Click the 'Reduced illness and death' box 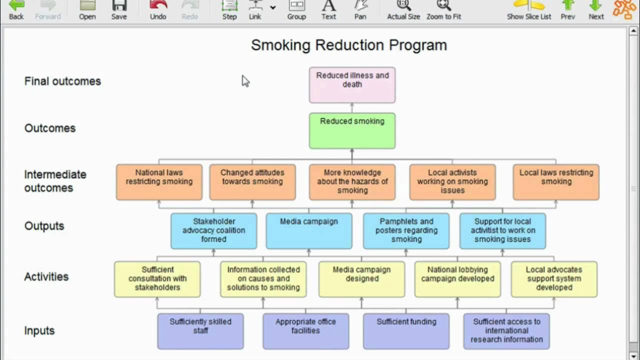click(352, 85)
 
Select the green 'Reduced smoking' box click(352, 130)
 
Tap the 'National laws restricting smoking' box click(159, 182)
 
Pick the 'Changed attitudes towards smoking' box click(252, 182)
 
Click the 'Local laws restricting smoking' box click(556, 182)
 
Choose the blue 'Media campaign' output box click(309, 230)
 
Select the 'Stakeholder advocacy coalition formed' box click(213, 230)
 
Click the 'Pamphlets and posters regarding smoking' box click(406, 230)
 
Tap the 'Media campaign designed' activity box click(362, 279)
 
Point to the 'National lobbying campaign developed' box click(457, 279)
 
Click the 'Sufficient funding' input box click(406, 330)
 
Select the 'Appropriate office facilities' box click(305, 330)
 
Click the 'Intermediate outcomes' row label click(55, 181)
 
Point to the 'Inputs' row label click(39, 330)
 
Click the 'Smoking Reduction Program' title click(348, 45)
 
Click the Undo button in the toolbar click(158, 10)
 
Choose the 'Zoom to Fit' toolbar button click(443, 10)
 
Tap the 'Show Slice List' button click(529, 10)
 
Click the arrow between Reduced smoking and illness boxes click(352, 108)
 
